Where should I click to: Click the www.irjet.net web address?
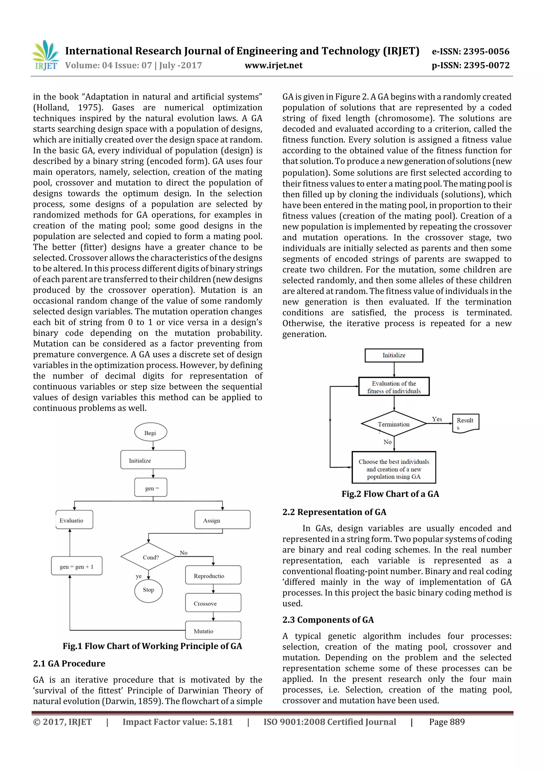[x=273, y=65]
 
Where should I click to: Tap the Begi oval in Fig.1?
[x=150, y=432]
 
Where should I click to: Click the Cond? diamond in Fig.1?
[x=149, y=557]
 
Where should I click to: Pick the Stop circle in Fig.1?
[x=148, y=590]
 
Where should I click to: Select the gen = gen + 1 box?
[x=77, y=567]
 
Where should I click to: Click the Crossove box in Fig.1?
[x=213, y=603]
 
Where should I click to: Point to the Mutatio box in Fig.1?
[x=213, y=631]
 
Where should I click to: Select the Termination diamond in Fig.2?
[x=394, y=424]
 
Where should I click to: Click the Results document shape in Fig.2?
[x=465, y=423]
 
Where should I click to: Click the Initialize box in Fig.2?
[x=394, y=355]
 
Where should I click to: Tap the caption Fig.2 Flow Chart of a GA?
[x=390, y=494]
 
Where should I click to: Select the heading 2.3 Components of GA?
[x=328, y=620]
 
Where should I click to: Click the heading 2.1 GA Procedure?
[x=69, y=663]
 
